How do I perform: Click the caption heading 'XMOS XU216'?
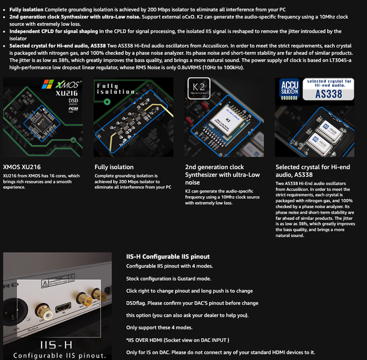tap(22, 167)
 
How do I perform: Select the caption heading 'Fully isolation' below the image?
tap(114, 167)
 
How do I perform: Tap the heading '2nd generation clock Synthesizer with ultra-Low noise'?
tap(222, 174)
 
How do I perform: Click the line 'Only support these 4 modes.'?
tap(159, 327)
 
